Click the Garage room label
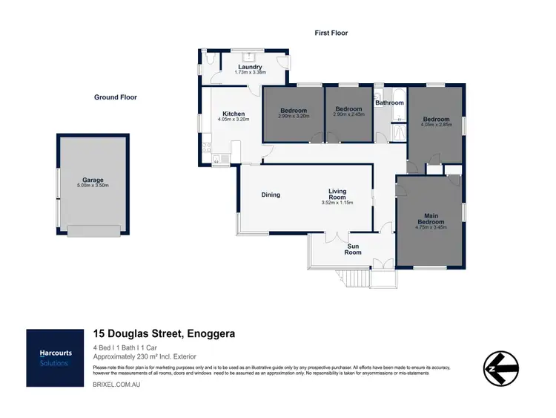[x=93, y=180]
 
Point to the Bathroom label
[x=389, y=102]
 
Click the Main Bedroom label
[x=431, y=219]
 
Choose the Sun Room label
[x=353, y=249]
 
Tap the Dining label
[x=271, y=195]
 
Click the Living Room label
[x=337, y=195]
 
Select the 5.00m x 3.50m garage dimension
[x=93, y=186]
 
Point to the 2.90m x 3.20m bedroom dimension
[x=293, y=116]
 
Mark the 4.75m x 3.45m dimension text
[x=431, y=228]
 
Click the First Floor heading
[x=331, y=33]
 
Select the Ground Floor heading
[x=115, y=97]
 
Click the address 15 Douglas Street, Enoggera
[x=164, y=334]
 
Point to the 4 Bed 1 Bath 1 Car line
[x=132, y=347]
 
